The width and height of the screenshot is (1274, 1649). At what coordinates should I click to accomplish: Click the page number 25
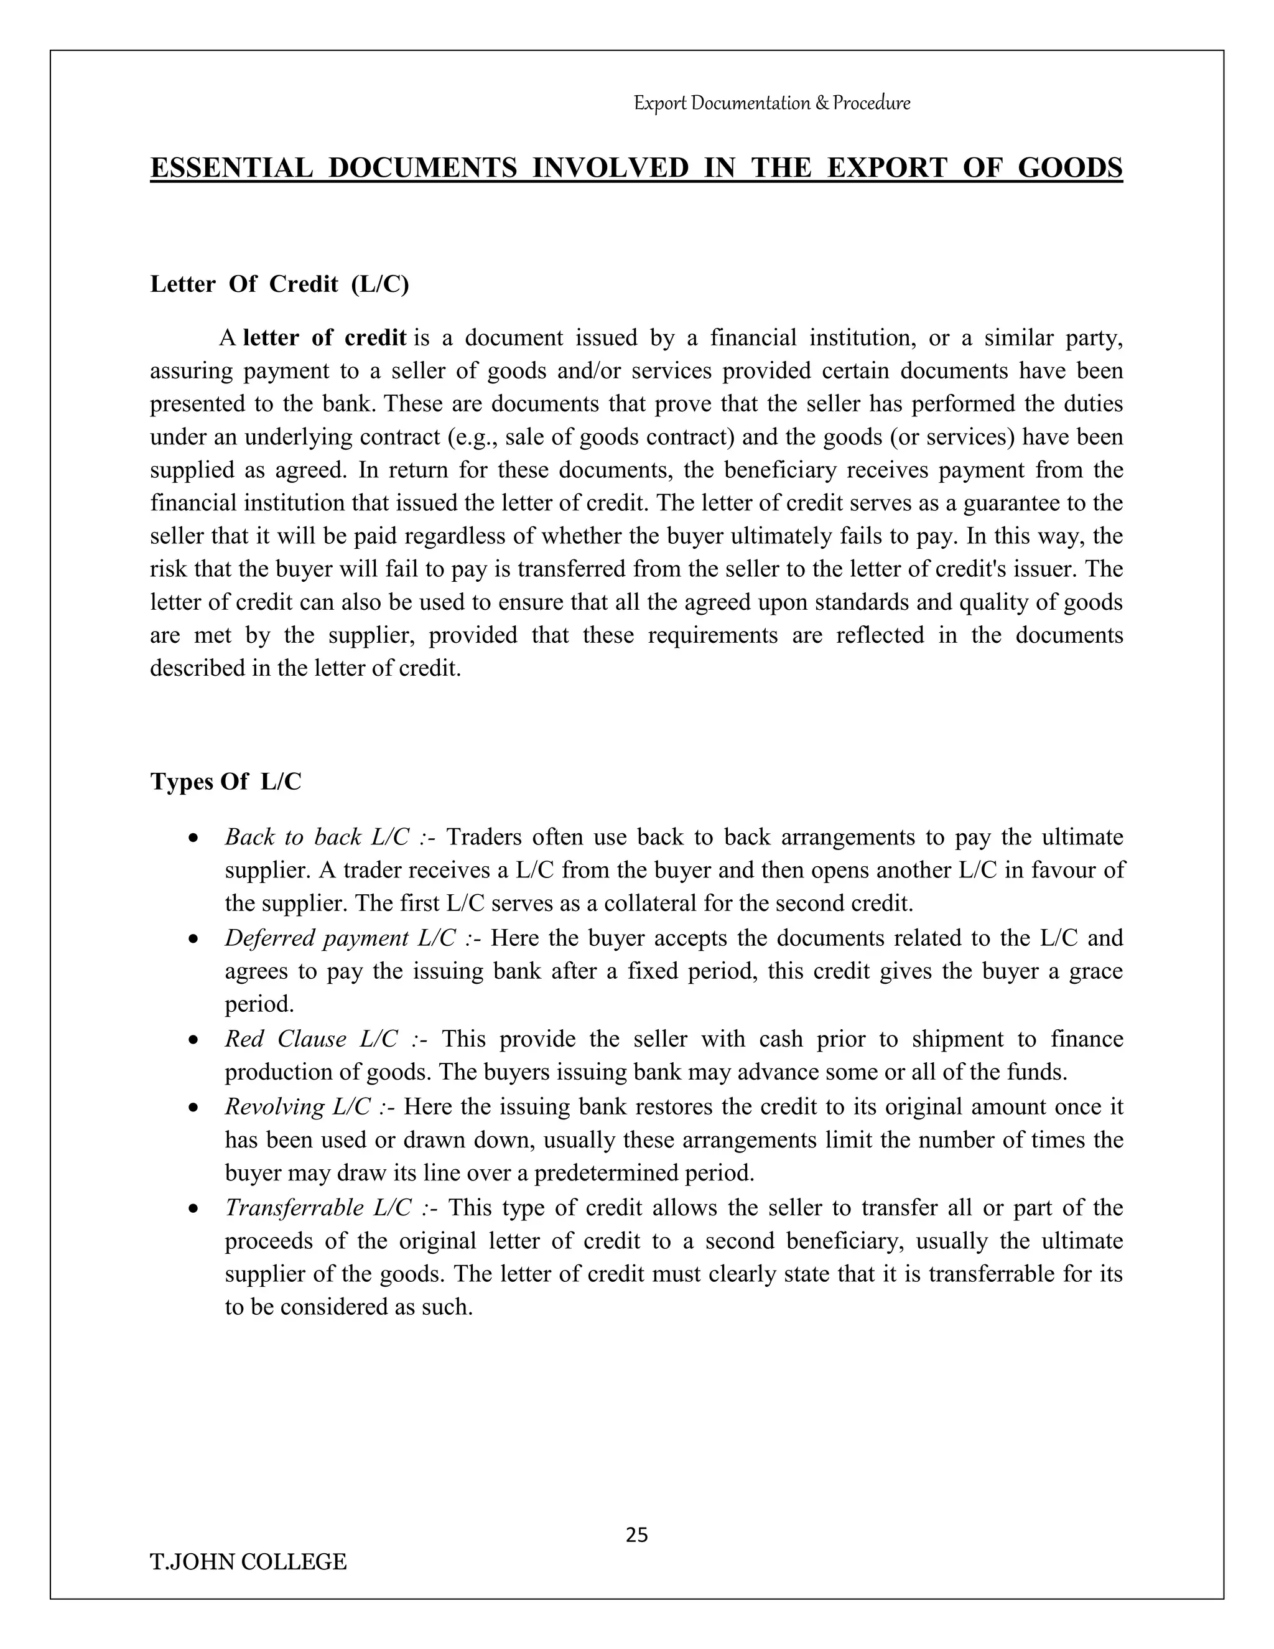coord(636,1535)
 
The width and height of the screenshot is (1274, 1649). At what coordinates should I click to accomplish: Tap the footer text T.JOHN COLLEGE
coord(248,1561)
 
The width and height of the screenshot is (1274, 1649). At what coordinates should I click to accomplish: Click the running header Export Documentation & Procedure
coord(771,103)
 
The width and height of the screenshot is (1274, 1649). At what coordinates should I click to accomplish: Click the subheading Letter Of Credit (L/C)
coord(279,284)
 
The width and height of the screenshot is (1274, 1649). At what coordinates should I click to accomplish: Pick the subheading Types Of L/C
coord(226,782)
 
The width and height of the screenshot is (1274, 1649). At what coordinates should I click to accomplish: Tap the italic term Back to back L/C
coord(317,836)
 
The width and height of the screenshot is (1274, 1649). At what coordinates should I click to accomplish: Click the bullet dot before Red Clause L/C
coord(194,1040)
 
